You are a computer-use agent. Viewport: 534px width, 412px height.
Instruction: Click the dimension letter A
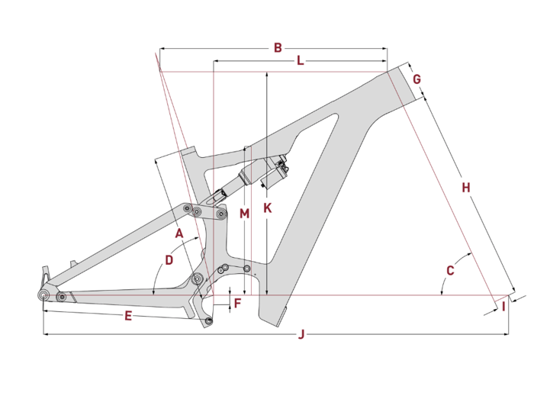click(179, 233)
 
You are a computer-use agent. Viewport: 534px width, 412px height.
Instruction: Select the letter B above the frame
click(278, 47)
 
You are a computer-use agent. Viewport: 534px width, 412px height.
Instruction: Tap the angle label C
click(450, 271)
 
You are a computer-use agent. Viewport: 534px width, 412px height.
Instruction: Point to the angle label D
click(169, 260)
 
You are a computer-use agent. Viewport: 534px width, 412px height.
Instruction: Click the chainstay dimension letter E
click(128, 316)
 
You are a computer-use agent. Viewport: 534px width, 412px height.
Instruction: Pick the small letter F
click(238, 303)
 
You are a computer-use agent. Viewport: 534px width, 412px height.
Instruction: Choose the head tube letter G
click(417, 79)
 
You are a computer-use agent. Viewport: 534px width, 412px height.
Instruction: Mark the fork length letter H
click(466, 188)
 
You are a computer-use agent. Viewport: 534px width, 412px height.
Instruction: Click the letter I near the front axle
click(503, 307)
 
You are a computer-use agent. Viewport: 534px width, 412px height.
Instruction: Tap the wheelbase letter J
click(301, 334)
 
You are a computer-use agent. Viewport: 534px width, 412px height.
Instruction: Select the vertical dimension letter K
click(268, 208)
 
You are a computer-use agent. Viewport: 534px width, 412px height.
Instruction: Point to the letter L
click(300, 60)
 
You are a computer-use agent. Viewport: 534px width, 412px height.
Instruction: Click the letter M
click(245, 214)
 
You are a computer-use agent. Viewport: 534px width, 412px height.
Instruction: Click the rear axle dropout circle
click(43, 295)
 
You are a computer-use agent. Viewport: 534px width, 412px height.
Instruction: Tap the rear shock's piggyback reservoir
click(275, 174)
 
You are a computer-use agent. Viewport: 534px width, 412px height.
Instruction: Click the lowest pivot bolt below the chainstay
click(208, 320)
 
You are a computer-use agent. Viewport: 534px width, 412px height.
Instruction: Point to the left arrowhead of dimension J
click(46, 334)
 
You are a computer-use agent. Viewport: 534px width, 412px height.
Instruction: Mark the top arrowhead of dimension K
click(267, 74)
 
